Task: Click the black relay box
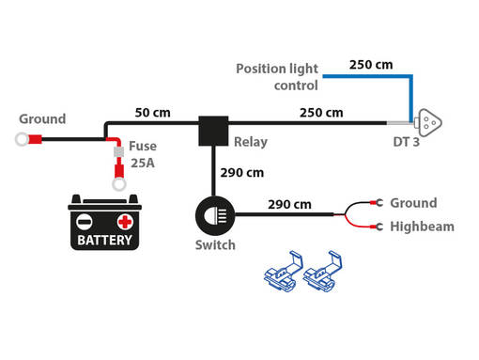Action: [x=212, y=130]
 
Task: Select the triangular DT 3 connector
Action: [x=429, y=122]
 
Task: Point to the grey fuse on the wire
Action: [x=119, y=151]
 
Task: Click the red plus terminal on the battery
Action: [x=124, y=222]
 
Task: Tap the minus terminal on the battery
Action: [x=85, y=222]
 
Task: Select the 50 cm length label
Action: [x=152, y=113]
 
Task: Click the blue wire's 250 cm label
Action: [x=370, y=65]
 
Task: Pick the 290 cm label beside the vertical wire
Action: [x=241, y=172]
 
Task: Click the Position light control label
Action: [x=277, y=76]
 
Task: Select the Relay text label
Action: [x=249, y=143]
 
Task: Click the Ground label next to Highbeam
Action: [x=413, y=202]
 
